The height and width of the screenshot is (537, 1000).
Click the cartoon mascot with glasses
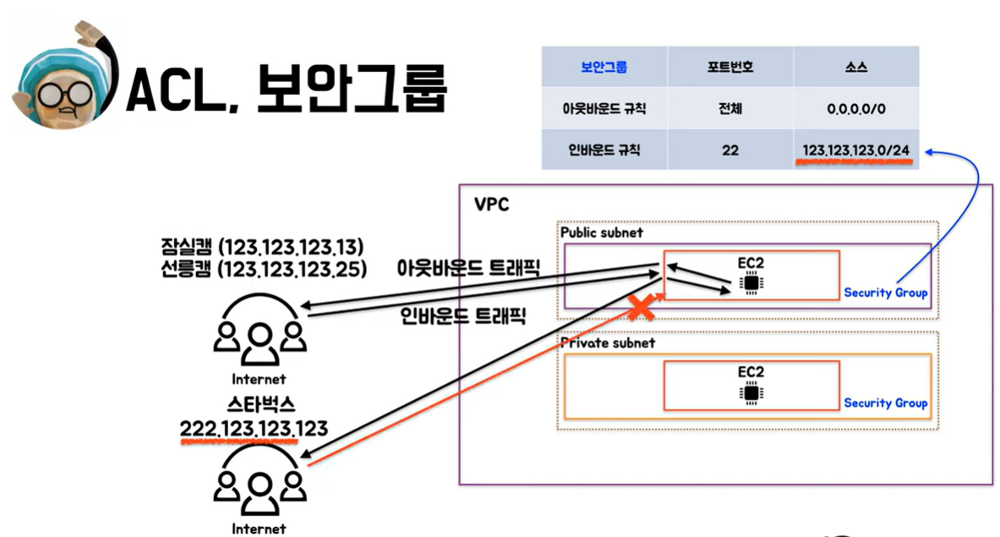pos(61,79)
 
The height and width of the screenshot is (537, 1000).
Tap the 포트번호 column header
pos(730,67)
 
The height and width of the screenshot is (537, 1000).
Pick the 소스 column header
pos(855,67)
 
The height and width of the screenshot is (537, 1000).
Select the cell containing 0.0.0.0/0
pos(855,109)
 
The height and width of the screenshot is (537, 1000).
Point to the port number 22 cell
pos(730,151)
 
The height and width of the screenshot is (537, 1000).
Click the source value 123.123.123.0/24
pos(855,151)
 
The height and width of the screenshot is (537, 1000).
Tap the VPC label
pos(491,205)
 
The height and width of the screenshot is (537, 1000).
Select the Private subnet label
pos(608,343)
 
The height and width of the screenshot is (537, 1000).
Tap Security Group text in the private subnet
pos(885,403)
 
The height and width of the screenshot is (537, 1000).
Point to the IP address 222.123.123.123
pos(254,430)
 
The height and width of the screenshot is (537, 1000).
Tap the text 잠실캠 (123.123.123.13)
pos(262,247)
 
